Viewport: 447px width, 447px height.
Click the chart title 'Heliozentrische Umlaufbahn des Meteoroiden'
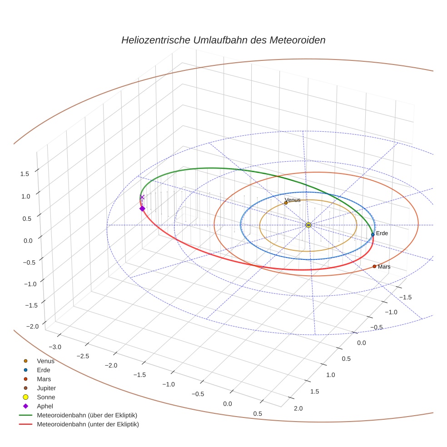[x=223, y=40]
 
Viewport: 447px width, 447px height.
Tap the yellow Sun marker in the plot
[x=308, y=225]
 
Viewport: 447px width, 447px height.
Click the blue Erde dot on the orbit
[x=372, y=234]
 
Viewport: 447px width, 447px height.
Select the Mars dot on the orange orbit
[x=374, y=266]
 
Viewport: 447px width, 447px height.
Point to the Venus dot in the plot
[x=286, y=203]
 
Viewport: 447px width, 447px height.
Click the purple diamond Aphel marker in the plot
[x=142, y=209]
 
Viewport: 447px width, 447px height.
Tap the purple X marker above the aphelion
[x=142, y=197]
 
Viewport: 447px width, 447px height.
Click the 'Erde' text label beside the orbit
[x=382, y=233]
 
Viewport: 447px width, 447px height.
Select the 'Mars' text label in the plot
[x=384, y=267]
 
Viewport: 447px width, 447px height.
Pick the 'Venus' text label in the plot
[x=293, y=200]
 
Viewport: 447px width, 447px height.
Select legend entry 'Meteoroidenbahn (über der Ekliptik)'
[x=87, y=415]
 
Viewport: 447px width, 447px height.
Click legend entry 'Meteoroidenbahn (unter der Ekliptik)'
[x=88, y=424]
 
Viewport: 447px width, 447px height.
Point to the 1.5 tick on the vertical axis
[x=25, y=174]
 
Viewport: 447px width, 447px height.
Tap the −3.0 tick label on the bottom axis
[x=55, y=347]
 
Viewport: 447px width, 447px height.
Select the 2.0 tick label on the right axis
[x=298, y=408]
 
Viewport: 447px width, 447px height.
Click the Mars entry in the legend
[x=44, y=379]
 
